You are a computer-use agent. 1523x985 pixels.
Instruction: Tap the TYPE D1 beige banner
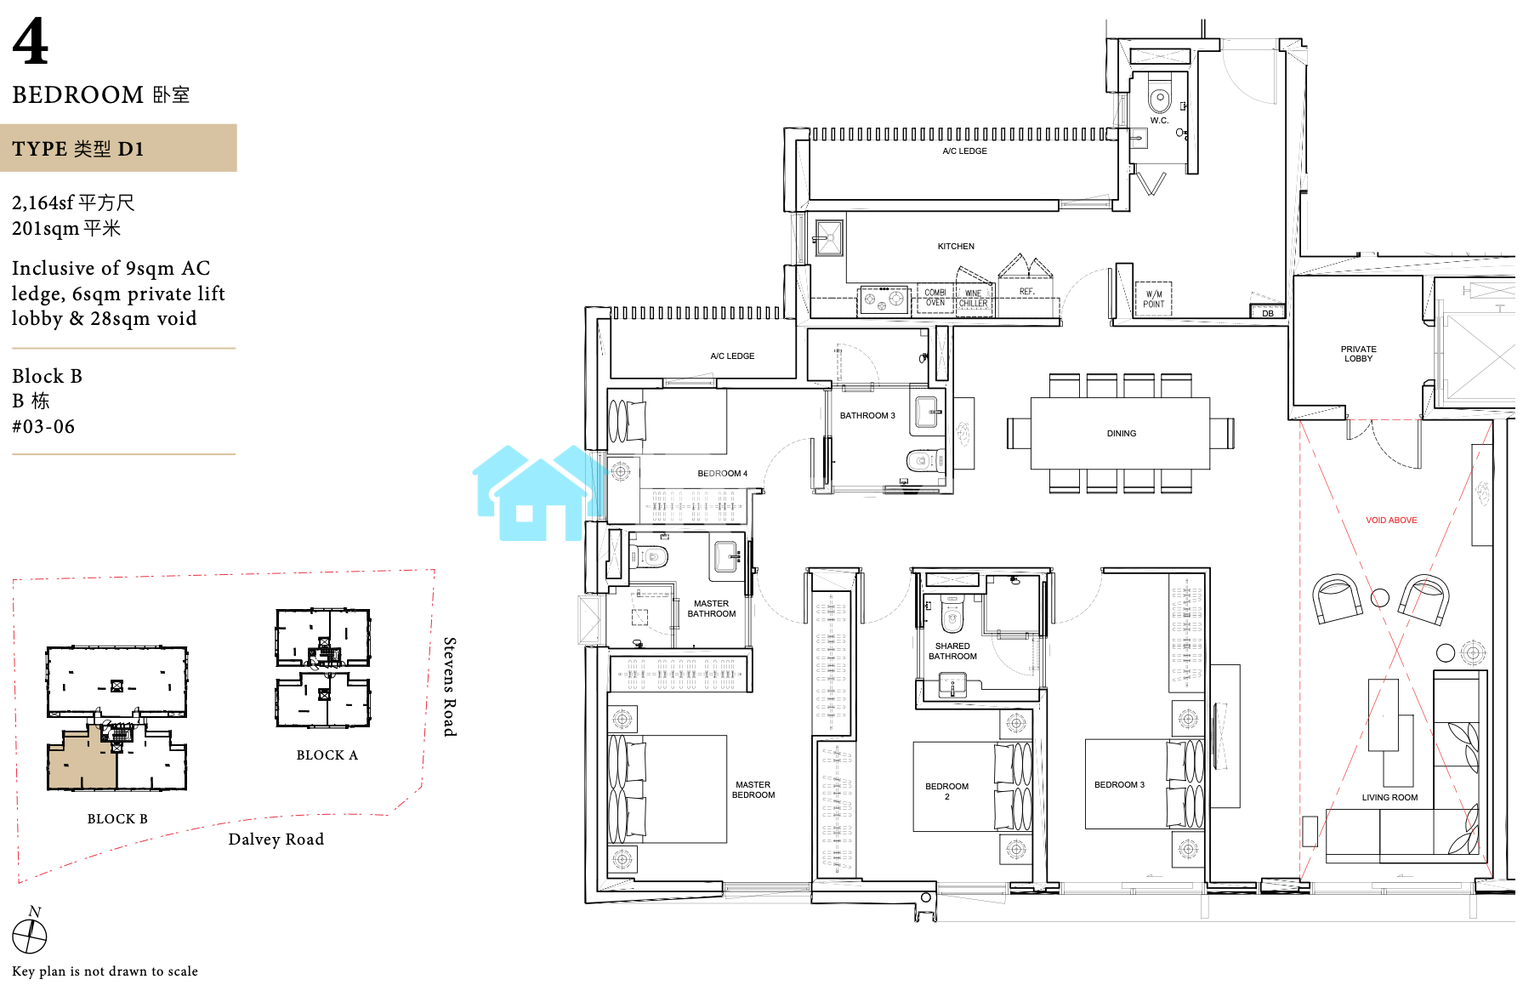[x=118, y=148]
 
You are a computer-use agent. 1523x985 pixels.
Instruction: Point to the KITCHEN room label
[x=956, y=247]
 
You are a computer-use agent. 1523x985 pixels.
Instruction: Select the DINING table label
[x=1121, y=434]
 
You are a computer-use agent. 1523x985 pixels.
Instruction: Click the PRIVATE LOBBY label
[x=1358, y=354]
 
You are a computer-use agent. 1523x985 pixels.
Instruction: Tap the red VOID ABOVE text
[x=1391, y=521]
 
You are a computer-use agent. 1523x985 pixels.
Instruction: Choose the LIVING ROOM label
[x=1389, y=798]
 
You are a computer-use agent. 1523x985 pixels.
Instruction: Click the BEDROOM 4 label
[x=722, y=474]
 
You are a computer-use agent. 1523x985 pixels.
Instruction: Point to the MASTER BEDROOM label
[x=753, y=790]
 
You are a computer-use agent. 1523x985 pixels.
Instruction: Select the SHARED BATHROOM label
[x=952, y=652]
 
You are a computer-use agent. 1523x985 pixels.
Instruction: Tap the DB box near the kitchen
[x=1267, y=312]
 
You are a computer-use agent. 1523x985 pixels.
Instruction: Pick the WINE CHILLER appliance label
[x=974, y=299]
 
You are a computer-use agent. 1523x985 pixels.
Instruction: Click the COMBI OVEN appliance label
[x=935, y=298]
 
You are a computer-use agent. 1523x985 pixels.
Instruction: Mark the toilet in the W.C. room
[x=1160, y=96]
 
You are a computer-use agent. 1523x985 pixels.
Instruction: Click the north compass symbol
[x=30, y=936]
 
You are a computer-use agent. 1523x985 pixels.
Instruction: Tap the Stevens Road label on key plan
[x=450, y=686]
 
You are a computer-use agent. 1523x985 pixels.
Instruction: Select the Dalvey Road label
[x=276, y=840]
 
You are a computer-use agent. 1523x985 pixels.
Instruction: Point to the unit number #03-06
[x=43, y=427]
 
